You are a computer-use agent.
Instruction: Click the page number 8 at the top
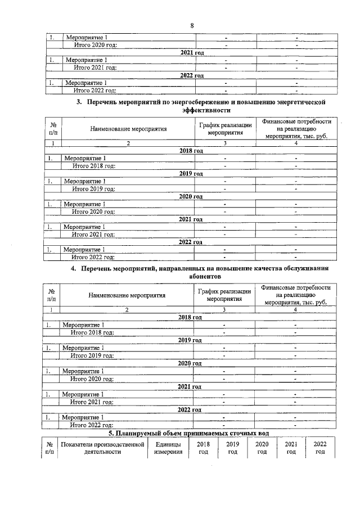tap(192, 26)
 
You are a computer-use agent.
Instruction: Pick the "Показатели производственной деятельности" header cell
tap(103, 448)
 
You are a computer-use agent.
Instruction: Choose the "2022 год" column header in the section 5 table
tap(320, 448)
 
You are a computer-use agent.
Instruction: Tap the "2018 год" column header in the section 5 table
tap(203, 448)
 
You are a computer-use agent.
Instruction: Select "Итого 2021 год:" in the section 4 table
tap(92, 402)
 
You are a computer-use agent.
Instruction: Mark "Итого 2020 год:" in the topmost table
tap(94, 45)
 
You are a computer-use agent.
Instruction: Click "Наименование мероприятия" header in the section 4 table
tap(127, 295)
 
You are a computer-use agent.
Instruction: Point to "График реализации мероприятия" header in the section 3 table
tap(224, 129)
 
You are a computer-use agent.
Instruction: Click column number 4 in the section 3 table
tap(296, 143)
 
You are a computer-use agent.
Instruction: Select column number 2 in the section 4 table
tap(127, 310)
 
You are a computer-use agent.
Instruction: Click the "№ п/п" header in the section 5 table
tap(49, 448)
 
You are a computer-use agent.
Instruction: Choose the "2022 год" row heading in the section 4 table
tap(190, 410)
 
